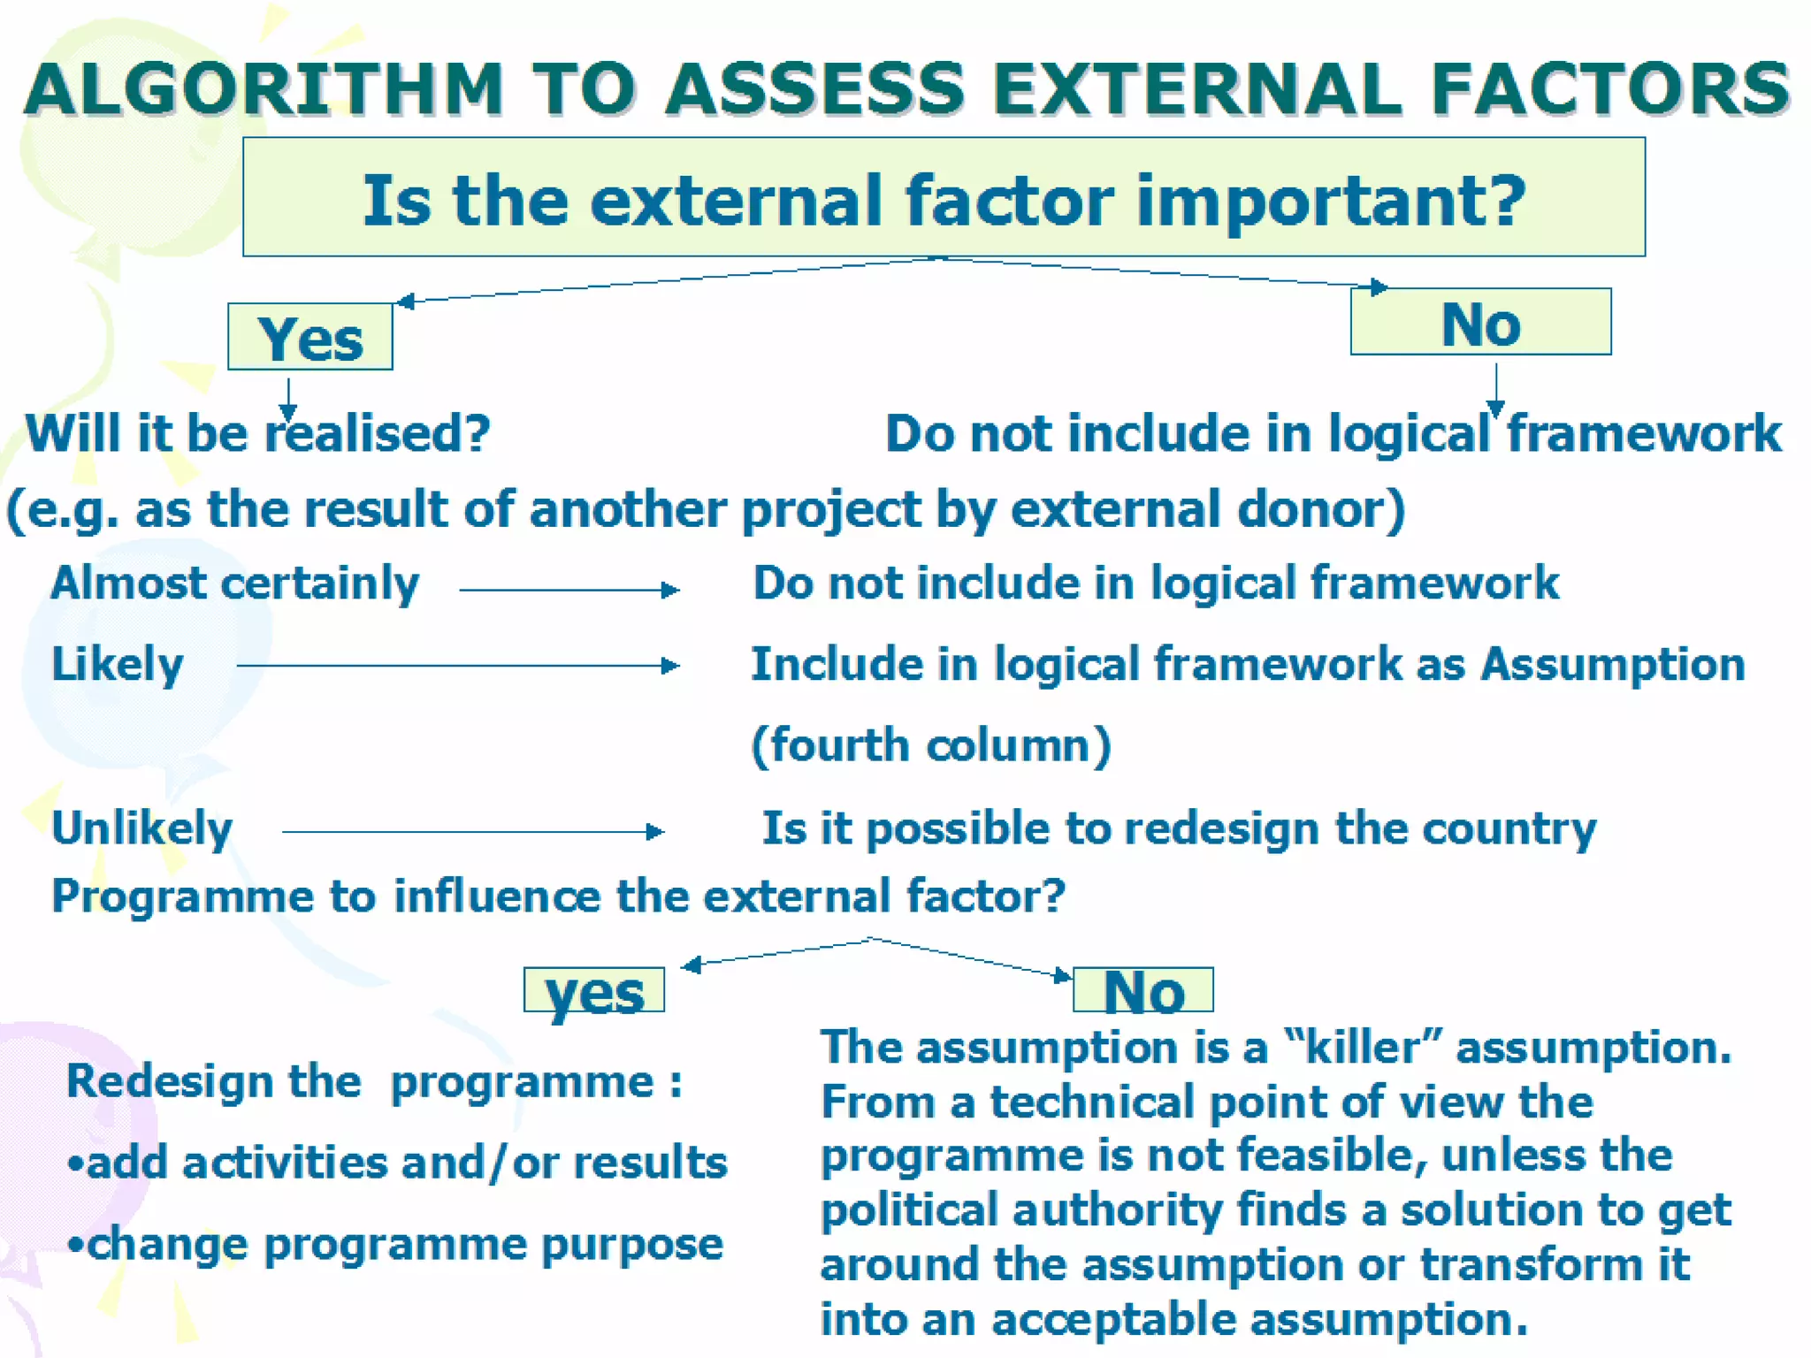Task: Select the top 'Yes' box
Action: coord(309,338)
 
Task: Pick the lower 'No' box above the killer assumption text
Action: coord(1142,991)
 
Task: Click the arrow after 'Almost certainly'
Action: coord(569,590)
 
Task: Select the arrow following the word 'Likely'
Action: coord(457,665)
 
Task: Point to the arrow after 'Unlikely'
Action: coord(472,831)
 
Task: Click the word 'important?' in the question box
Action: coord(1331,201)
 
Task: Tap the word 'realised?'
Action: coord(378,433)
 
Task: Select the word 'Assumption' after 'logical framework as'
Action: coord(1613,664)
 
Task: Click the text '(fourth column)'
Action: coord(930,744)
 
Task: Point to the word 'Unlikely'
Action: coord(141,829)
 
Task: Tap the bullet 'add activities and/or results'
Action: coord(398,1163)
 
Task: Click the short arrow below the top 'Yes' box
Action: coord(287,398)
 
